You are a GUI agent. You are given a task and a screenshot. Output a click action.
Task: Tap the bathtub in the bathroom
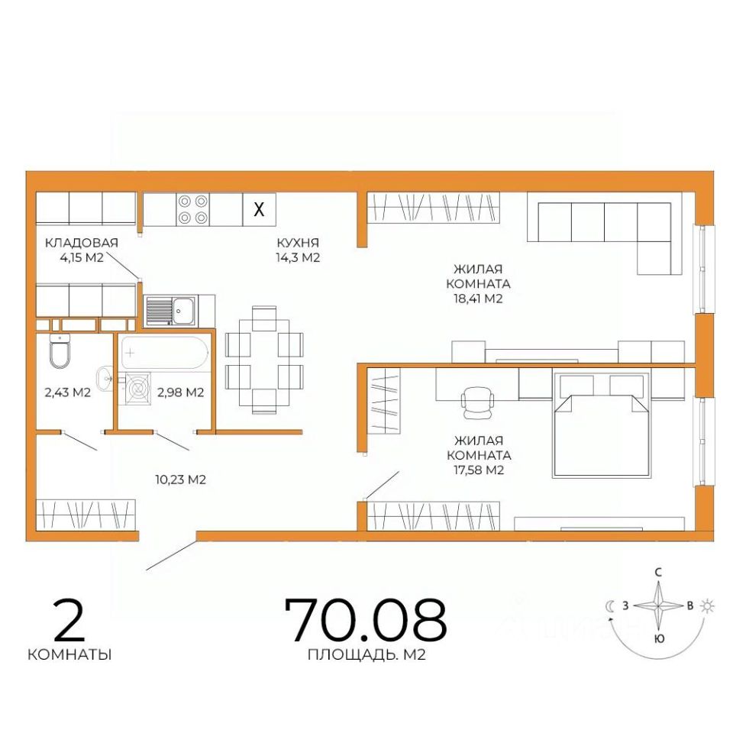(x=165, y=354)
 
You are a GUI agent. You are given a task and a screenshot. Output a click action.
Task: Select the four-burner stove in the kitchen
(x=193, y=209)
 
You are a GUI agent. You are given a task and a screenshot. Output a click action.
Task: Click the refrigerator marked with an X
(x=259, y=209)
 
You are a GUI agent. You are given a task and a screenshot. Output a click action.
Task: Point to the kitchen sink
(x=171, y=311)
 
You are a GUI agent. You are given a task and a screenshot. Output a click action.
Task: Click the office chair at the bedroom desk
(x=477, y=402)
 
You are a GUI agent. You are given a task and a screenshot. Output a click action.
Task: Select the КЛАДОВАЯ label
(x=82, y=243)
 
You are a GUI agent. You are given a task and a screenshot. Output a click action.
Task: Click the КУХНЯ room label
(x=298, y=243)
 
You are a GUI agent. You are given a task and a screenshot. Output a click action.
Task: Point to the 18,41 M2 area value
(x=478, y=299)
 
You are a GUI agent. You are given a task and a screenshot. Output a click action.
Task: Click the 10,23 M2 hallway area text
(x=180, y=480)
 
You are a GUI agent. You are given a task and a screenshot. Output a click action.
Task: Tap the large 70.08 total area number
(x=365, y=620)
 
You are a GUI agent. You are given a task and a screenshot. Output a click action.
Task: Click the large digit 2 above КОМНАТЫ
(x=69, y=620)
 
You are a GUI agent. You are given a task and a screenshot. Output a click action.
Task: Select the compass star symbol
(x=658, y=606)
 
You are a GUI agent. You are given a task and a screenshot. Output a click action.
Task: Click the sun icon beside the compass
(x=708, y=606)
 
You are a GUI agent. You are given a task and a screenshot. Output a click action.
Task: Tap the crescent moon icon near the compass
(x=611, y=606)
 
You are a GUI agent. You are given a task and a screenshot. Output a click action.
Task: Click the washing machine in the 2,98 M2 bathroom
(x=137, y=389)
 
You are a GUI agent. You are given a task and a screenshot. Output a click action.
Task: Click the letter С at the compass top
(x=658, y=572)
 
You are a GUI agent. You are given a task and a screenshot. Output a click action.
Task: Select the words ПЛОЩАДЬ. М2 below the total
(x=366, y=655)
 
